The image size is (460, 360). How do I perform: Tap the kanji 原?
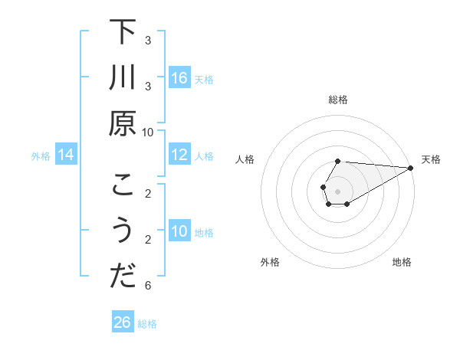coord(123,123)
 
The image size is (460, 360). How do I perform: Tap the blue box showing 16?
coord(179,77)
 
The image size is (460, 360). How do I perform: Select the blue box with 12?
coord(179,155)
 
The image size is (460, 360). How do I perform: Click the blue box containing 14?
coord(66,155)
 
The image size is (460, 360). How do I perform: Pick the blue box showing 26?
coord(123,322)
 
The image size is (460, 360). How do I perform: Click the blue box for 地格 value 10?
coord(179,231)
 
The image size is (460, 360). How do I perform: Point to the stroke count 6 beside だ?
coord(148,286)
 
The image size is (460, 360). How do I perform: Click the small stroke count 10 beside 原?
coord(148,132)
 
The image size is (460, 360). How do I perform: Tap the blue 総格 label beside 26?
coord(147,324)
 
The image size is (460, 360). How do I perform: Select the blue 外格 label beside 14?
coord(41,156)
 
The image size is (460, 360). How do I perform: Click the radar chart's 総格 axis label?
coord(338,100)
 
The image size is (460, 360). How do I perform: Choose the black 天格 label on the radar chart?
coord(431,159)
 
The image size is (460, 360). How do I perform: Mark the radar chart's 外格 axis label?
coord(270,262)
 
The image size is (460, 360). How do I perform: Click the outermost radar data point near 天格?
coord(411,168)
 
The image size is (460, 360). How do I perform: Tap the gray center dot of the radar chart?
coord(338,191)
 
